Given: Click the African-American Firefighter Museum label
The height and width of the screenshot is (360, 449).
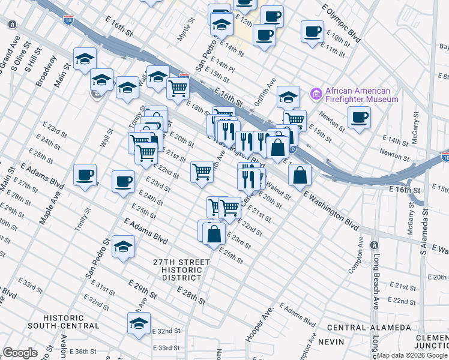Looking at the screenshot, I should tap(361, 95).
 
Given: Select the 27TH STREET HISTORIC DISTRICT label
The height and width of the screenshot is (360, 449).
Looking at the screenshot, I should tap(181, 270).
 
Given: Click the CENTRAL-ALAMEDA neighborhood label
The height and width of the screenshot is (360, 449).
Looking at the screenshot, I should tap(369, 328).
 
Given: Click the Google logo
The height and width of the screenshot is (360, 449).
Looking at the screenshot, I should tap(20, 353).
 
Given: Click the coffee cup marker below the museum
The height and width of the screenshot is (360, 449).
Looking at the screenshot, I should tap(359, 117).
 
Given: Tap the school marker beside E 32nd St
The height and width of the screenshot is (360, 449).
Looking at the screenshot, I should tap(139, 323).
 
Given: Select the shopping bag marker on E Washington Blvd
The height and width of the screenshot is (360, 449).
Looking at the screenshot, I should tap(300, 175).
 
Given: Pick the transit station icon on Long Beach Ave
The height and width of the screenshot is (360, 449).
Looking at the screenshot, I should tap(374, 246).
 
